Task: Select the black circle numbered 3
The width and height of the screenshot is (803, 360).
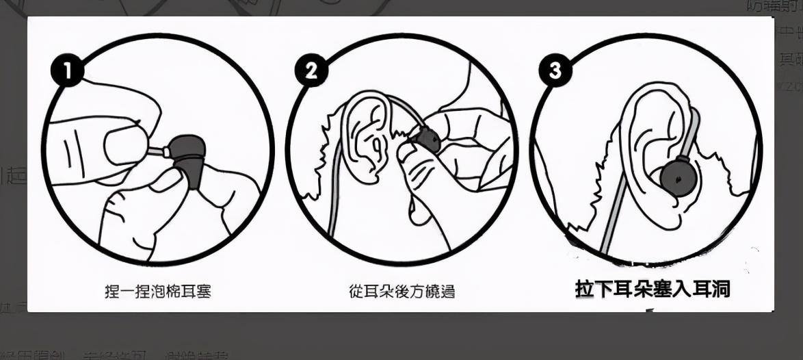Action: pos(555,71)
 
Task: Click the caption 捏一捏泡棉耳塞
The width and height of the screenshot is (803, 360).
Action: pos(157,292)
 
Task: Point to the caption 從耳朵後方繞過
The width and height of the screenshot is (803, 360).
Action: pos(401,292)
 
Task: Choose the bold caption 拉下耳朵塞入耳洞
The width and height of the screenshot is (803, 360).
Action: pos(653,290)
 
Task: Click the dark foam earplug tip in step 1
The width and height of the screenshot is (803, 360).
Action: pos(189,156)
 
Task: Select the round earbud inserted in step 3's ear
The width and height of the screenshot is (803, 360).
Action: pos(678,178)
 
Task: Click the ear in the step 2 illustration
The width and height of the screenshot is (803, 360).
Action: pos(366,137)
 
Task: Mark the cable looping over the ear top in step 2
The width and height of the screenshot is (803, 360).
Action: pos(400,110)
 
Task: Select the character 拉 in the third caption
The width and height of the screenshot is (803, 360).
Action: pos(584,290)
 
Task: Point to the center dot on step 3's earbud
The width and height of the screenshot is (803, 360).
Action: pos(678,179)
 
